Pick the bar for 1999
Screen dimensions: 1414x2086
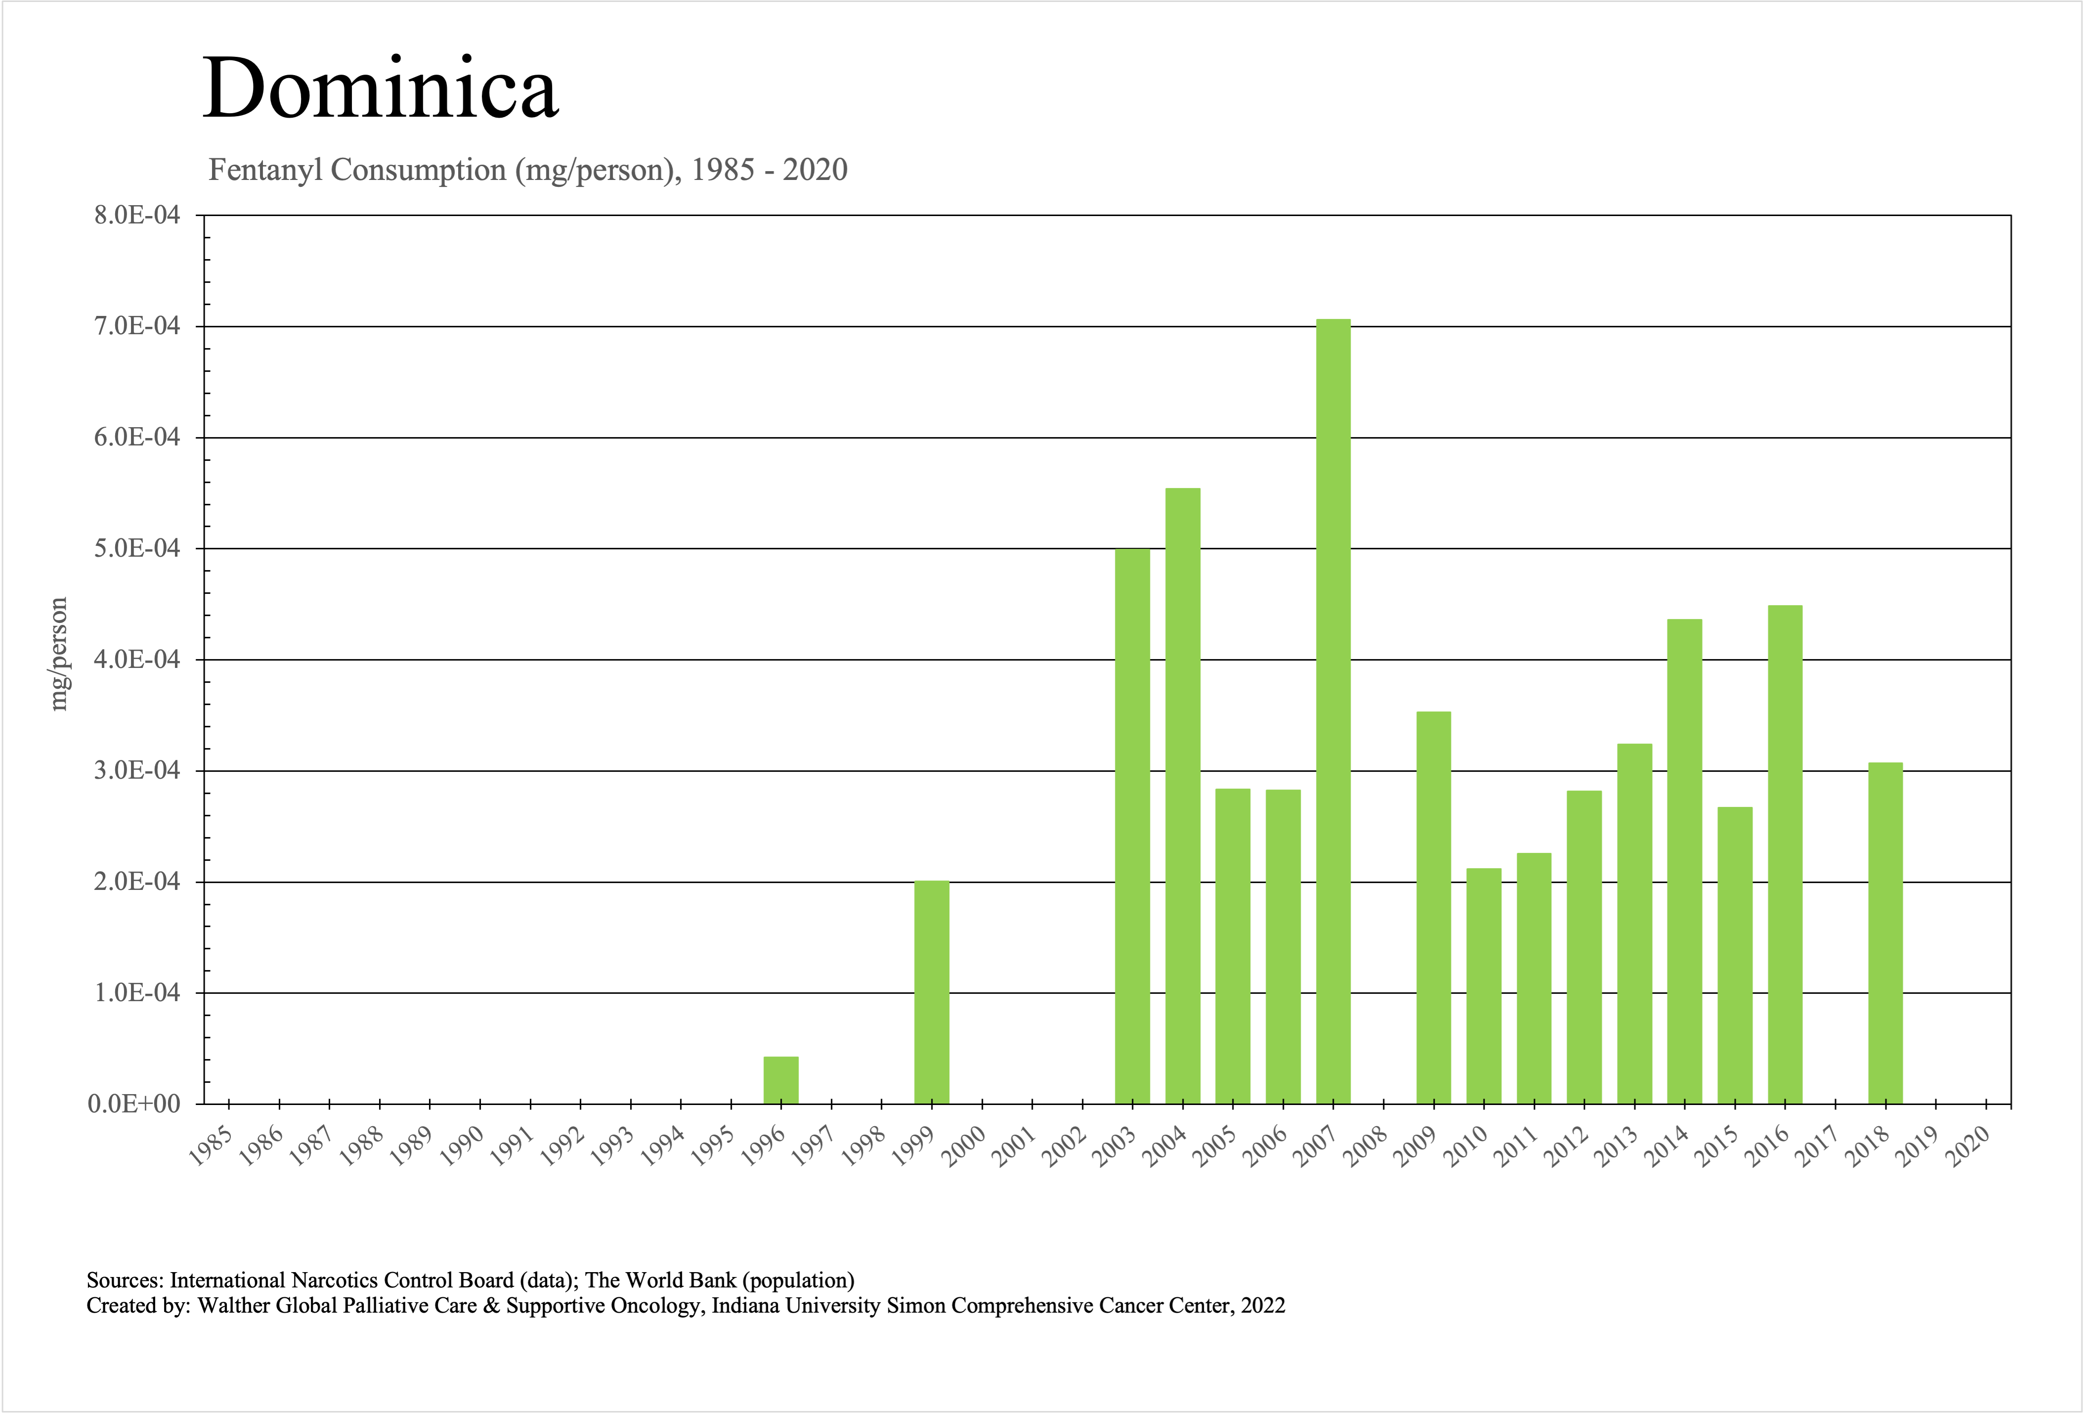pyautogui.click(x=932, y=992)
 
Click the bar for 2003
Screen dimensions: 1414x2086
pyautogui.click(x=1132, y=826)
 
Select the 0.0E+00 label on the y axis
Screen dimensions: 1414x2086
pyautogui.click(x=134, y=1105)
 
